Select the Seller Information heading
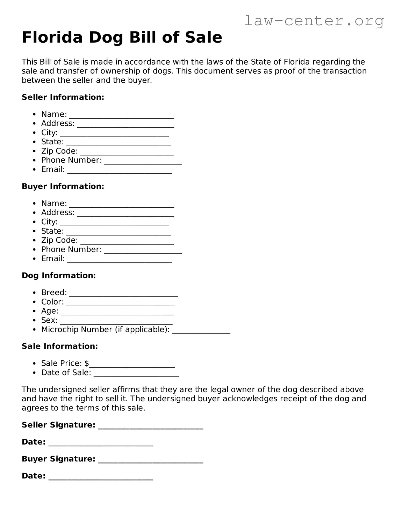pos(63,97)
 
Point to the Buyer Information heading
pos(63,186)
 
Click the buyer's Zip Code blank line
pos(127,243)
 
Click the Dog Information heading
pos(59,275)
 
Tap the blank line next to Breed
pos(123,295)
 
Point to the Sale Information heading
pos(60,346)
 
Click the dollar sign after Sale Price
pos(87,363)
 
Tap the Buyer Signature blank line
pos(151,461)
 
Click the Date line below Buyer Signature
pos(101,478)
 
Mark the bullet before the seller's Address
pos(34,124)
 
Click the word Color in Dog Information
pos(52,302)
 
